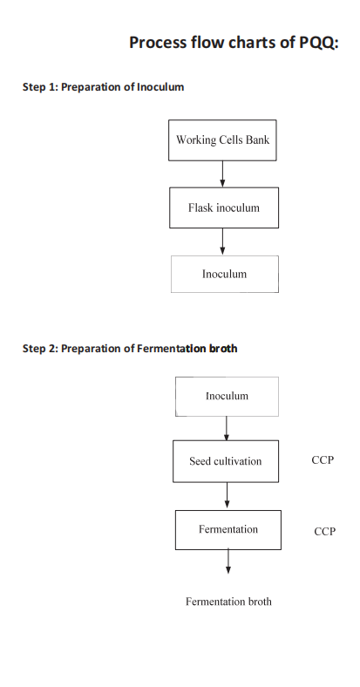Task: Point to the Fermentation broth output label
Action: click(228, 602)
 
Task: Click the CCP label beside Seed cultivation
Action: click(323, 460)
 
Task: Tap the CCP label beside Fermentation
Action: click(325, 532)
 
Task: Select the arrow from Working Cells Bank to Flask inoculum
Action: click(222, 174)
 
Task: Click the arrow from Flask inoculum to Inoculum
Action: click(222, 241)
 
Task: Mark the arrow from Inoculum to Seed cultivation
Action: click(227, 428)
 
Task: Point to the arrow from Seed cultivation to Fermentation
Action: click(227, 495)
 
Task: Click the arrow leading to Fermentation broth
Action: click(228, 561)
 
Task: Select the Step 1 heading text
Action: click(104, 87)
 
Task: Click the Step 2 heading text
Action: click(130, 349)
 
